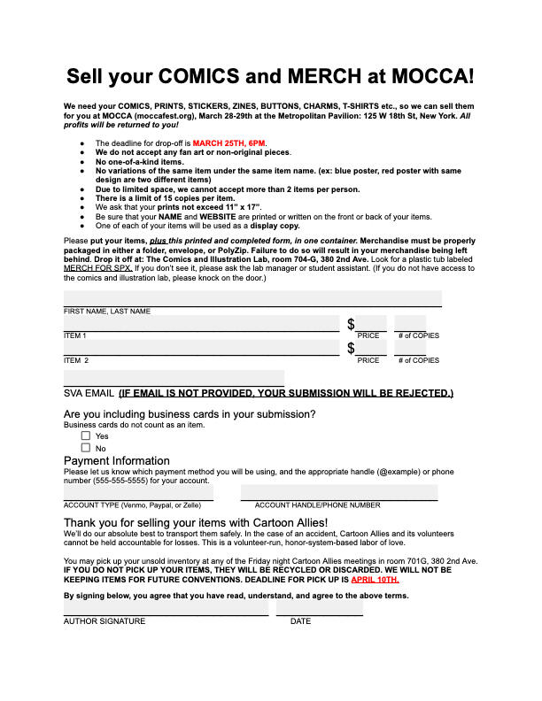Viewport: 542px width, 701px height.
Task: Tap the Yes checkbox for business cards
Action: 86,435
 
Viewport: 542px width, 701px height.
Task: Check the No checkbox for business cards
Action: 86,448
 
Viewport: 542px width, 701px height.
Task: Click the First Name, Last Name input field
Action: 252,298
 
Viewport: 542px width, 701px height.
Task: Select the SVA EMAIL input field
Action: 174,378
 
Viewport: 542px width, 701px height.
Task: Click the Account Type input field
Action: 138,492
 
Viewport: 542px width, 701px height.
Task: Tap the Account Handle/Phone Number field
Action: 339,492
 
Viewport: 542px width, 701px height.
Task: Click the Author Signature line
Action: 166,608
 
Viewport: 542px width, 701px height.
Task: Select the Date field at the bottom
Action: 319,608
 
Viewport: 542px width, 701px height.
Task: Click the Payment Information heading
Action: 117,460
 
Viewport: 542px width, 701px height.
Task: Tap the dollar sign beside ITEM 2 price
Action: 351,349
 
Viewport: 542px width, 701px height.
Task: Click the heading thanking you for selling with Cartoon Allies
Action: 196,523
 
